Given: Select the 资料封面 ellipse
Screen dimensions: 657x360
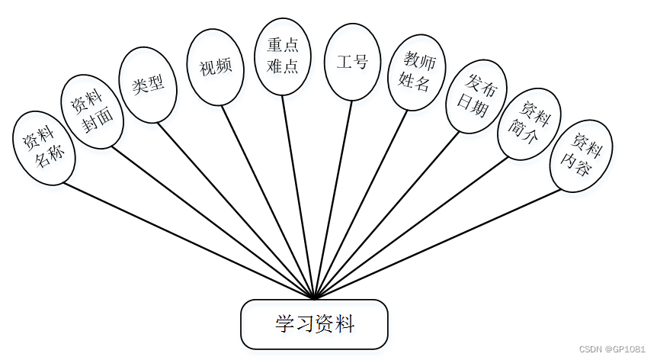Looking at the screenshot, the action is (x=91, y=111).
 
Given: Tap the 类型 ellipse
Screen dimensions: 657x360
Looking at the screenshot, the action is (x=148, y=85).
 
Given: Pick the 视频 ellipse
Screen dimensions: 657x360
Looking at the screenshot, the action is (x=216, y=67).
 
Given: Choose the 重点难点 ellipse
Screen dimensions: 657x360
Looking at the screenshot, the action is (x=283, y=56).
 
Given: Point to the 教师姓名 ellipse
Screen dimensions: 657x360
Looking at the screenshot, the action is (x=416, y=72).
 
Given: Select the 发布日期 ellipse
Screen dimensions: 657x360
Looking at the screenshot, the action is (x=475, y=98).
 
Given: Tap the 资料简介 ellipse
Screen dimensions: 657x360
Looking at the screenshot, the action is (x=529, y=125).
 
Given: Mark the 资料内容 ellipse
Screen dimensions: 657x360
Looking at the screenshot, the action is (x=581, y=156).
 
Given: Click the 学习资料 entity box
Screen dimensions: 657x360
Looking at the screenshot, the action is (x=314, y=324).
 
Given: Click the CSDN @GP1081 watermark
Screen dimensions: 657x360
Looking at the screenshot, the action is (x=612, y=349).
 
